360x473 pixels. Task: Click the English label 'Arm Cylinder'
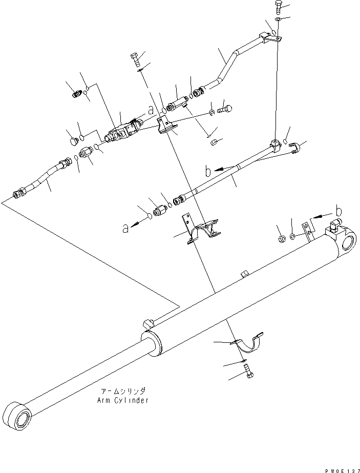(122, 401)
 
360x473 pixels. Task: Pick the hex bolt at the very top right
(277, 7)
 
